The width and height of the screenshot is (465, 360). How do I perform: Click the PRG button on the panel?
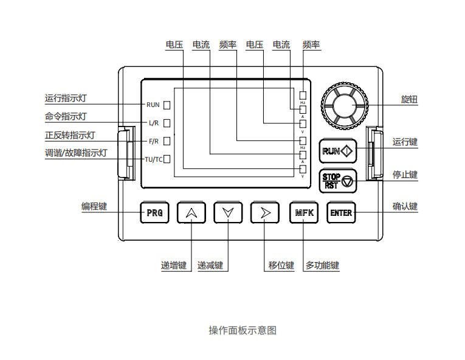[x=154, y=213]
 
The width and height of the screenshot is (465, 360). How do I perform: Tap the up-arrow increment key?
[x=191, y=213]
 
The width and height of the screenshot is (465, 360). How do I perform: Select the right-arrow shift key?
[x=264, y=213]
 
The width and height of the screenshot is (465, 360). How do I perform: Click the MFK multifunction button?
[x=303, y=213]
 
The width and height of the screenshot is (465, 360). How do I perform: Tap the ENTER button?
[x=340, y=213]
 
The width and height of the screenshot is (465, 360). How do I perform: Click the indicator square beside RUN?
[x=167, y=105]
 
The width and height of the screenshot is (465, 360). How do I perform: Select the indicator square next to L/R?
[x=167, y=123]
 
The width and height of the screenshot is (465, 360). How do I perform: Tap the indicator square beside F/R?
[x=167, y=141]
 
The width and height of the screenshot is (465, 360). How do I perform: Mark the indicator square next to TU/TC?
[x=167, y=159]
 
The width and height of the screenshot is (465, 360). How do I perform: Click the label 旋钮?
[x=409, y=99]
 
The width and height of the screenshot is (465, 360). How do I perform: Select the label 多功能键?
[x=322, y=266]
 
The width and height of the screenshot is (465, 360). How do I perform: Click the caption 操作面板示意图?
[x=243, y=330]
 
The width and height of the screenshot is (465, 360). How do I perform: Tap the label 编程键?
[x=94, y=206]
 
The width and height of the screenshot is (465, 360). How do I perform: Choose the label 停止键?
[x=405, y=175]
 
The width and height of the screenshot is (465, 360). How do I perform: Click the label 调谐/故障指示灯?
[x=76, y=153]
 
